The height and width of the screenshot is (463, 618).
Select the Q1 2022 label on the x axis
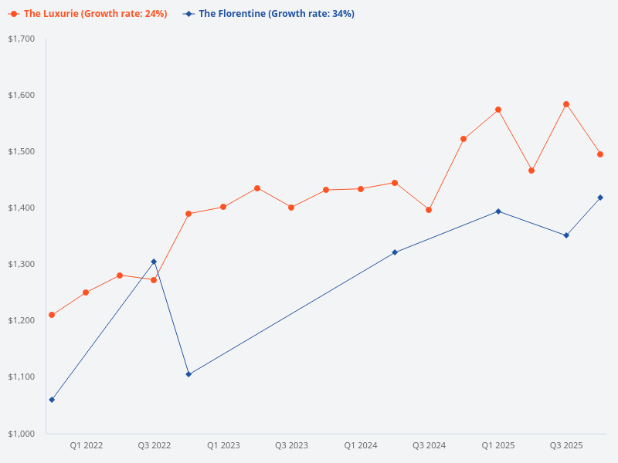[x=87, y=445]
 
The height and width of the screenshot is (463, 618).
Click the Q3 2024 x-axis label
[x=429, y=445]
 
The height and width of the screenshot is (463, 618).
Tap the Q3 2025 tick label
[x=566, y=445]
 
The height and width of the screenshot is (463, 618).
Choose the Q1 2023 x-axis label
[x=223, y=445]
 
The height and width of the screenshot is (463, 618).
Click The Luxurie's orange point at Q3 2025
[x=566, y=104]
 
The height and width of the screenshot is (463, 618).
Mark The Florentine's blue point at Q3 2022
[x=154, y=262]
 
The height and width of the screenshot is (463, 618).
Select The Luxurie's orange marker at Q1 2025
[x=498, y=110]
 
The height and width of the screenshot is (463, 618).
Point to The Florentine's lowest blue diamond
[x=52, y=400]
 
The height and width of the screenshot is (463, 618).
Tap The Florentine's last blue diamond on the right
[x=600, y=198]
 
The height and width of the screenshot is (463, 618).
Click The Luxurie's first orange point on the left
[x=52, y=315]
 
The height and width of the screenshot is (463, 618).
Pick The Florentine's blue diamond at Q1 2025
[x=498, y=211]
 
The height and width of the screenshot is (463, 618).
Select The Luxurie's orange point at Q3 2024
[x=429, y=210]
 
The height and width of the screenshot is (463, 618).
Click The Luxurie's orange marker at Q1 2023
[x=223, y=207]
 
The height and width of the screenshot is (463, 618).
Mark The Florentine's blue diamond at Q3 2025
[x=566, y=235]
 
